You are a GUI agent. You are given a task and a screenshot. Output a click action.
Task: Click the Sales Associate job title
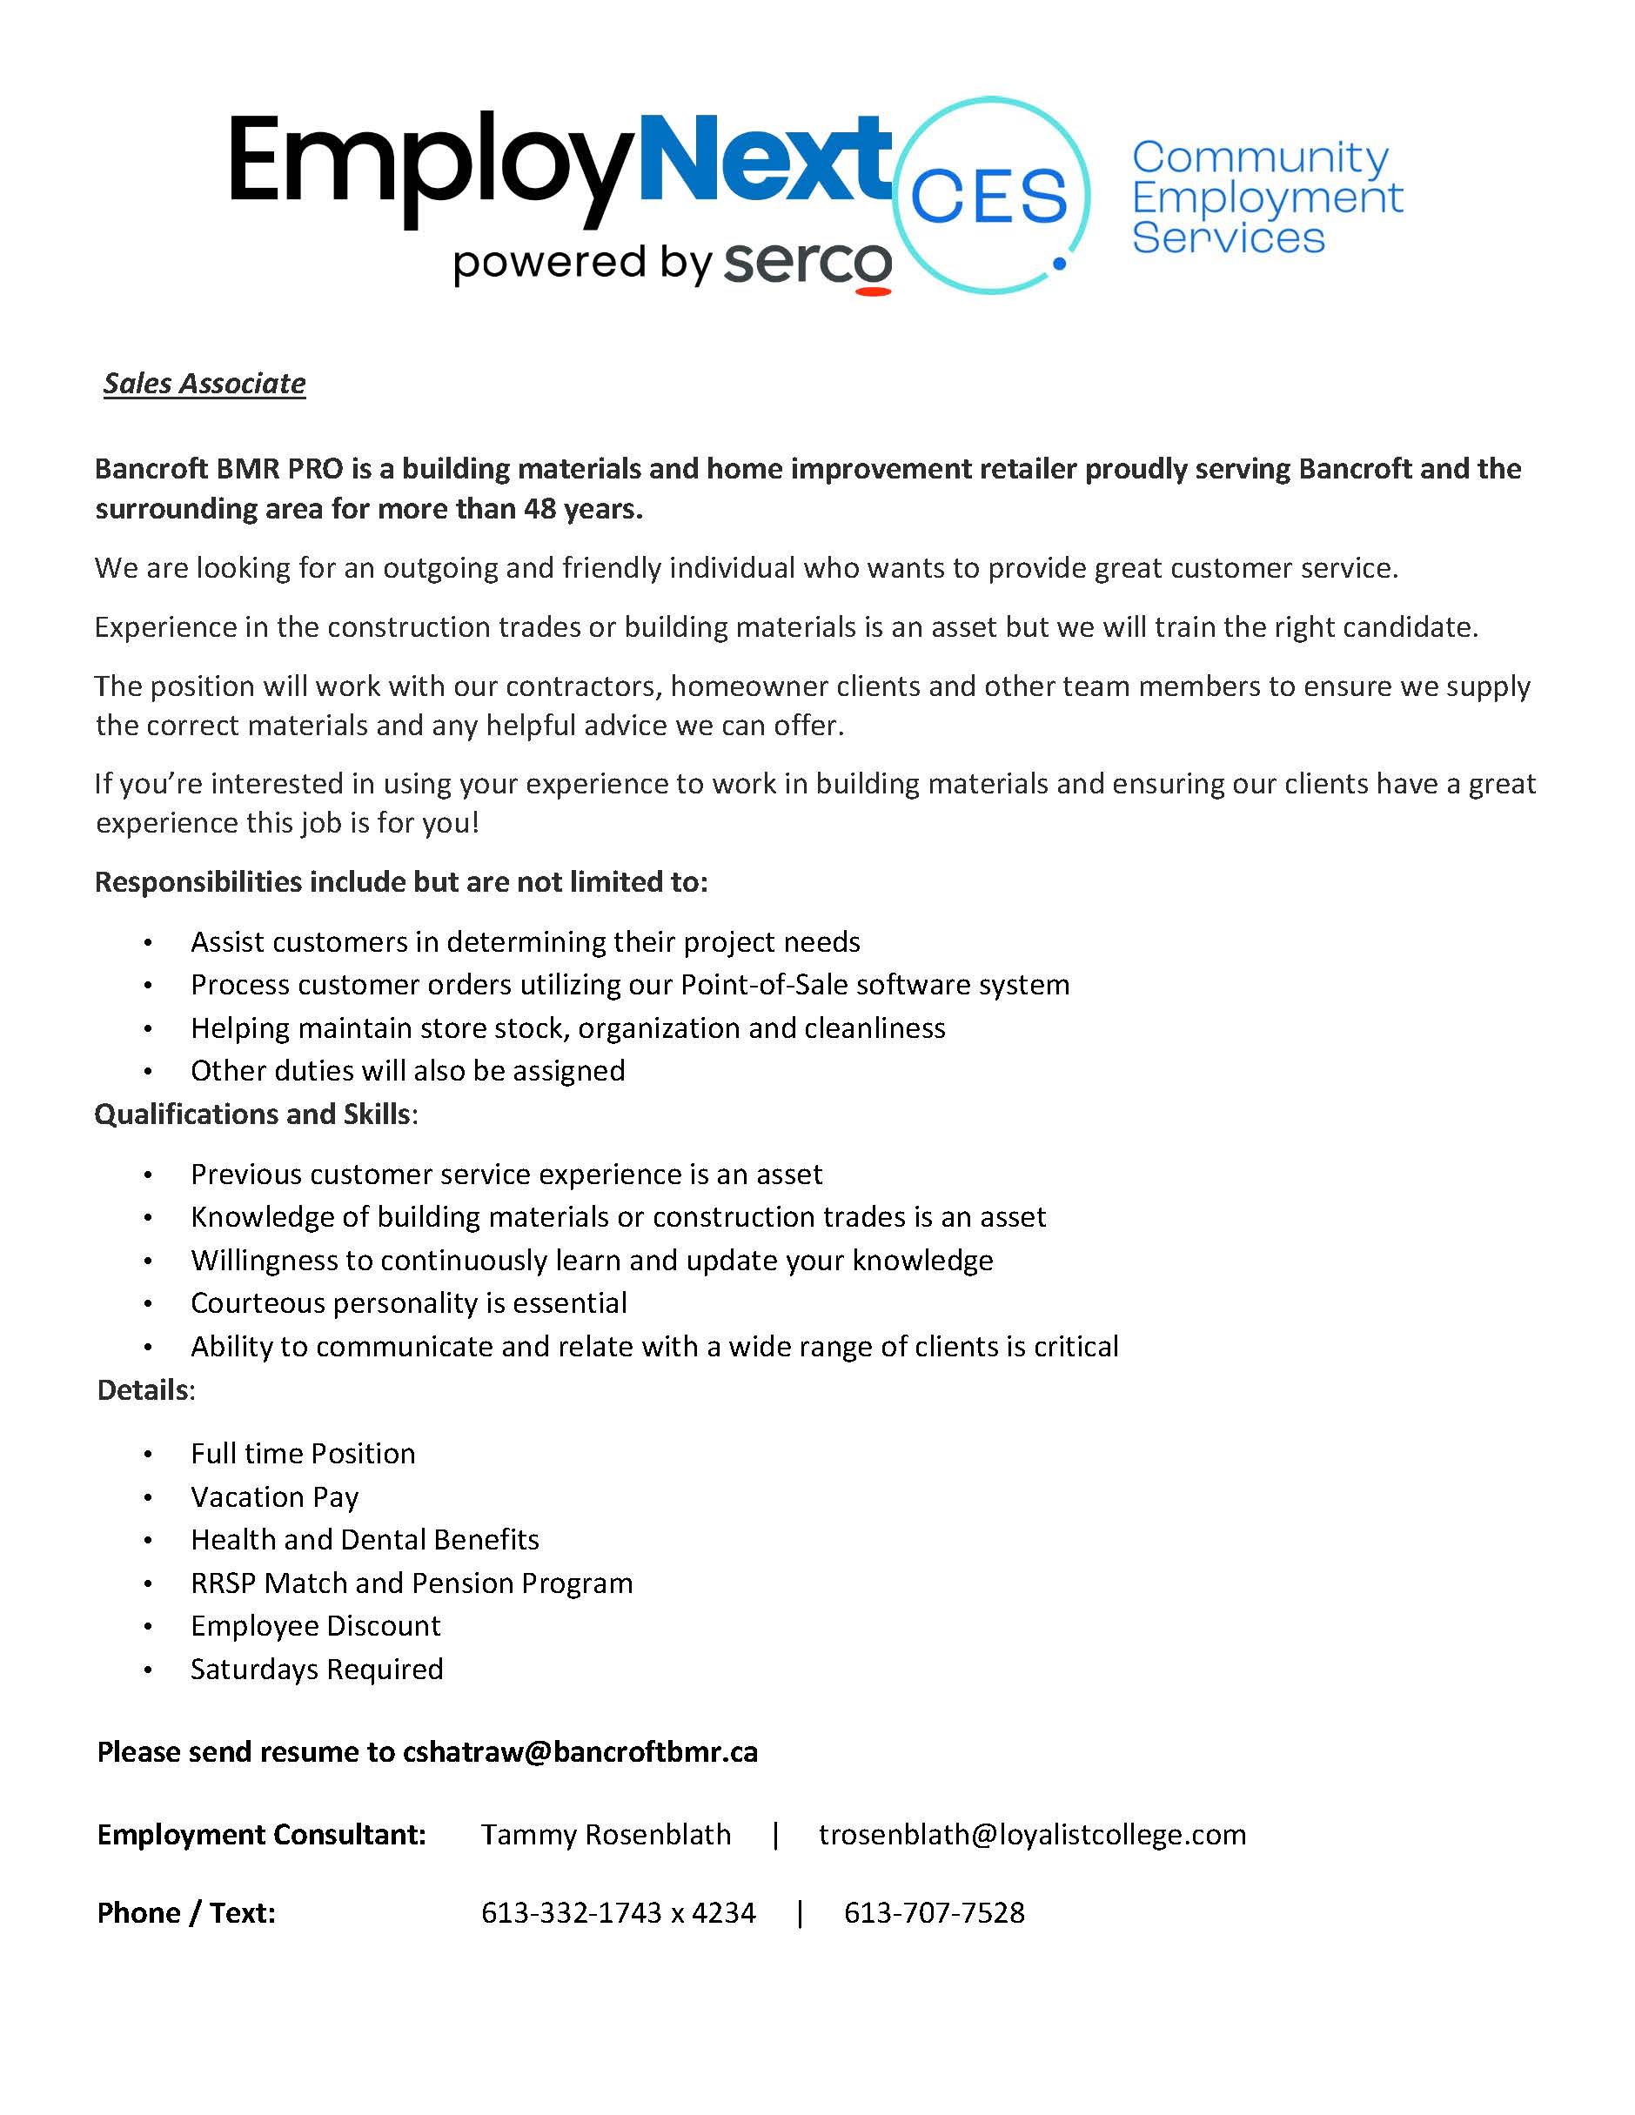pyautogui.click(x=204, y=384)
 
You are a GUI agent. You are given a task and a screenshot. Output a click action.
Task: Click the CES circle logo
pyautogui.click(x=989, y=196)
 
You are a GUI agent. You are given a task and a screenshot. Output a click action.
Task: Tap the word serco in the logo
pyautogui.click(x=807, y=264)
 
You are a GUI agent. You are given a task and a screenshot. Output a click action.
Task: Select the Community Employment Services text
pyautogui.click(x=1266, y=197)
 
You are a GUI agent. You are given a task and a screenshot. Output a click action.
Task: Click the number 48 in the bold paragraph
pyautogui.click(x=539, y=509)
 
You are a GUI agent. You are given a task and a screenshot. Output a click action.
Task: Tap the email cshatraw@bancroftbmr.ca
pyautogui.click(x=580, y=1752)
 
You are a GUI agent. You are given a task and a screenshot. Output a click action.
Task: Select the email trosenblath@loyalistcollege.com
pyautogui.click(x=1033, y=1835)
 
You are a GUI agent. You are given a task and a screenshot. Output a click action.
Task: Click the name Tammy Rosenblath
pyautogui.click(x=606, y=1835)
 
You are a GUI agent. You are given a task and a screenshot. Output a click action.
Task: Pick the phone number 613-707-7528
pyautogui.click(x=934, y=1913)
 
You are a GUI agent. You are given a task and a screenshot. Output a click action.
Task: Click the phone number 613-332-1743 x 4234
pyautogui.click(x=618, y=1913)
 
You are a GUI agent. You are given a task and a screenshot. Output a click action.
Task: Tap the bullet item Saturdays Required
pyautogui.click(x=317, y=1670)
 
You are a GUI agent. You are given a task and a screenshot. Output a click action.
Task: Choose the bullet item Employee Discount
pyautogui.click(x=315, y=1626)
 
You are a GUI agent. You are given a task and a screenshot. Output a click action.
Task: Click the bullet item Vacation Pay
pyautogui.click(x=274, y=1497)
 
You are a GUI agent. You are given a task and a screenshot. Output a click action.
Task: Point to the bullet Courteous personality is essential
pyautogui.click(x=409, y=1303)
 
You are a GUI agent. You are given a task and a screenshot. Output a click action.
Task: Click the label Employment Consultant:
pyautogui.click(x=262, y=1835)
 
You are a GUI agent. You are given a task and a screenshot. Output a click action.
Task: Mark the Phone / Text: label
pyautogui.click(x=186, y=1913)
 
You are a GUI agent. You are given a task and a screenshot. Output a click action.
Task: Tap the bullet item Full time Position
pyautogui.click(x=302, y=1454)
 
